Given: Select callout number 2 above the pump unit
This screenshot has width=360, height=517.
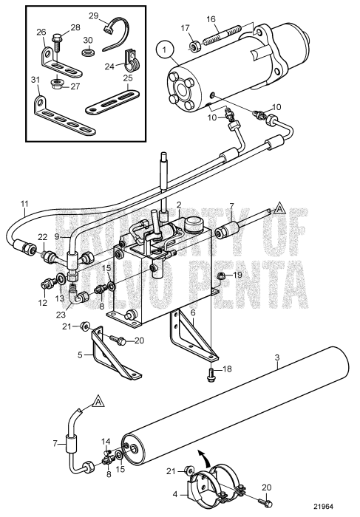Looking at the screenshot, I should [x=178, y=205].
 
